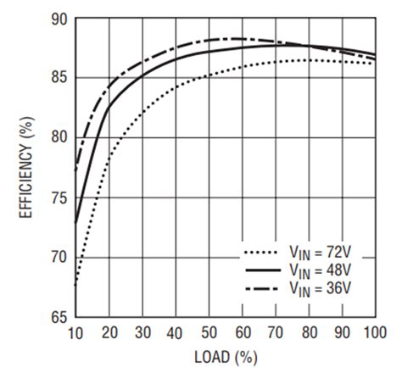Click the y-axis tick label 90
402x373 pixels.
point(58,18)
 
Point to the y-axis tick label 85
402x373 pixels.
point(58,77)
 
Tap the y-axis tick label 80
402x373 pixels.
point(58,137)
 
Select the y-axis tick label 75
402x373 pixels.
point(58,197)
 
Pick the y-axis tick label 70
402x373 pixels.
point(58,257)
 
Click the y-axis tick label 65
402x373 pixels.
point(58,316)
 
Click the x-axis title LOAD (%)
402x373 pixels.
point(226,357)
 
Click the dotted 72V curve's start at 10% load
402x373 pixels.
point(76,285)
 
